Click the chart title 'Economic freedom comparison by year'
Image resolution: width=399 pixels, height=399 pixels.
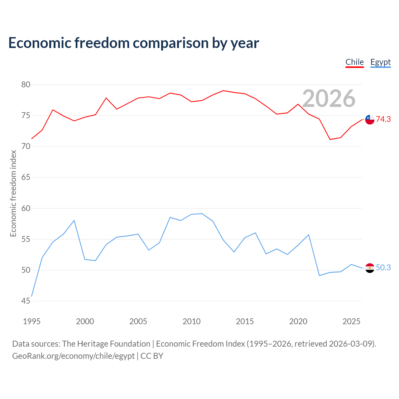pos(133,43)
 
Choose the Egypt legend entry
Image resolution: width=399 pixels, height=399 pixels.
pos(380,63)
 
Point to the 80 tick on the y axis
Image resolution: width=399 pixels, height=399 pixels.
pos(26,84)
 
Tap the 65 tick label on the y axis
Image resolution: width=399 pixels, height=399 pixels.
pos(26,177)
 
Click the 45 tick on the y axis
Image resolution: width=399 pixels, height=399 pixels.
pos(26,301)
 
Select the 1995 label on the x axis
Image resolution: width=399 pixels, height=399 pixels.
pos(32,321)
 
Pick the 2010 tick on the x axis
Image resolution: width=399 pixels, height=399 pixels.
pos(191,321)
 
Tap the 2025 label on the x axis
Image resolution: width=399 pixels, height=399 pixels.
pos(351,321)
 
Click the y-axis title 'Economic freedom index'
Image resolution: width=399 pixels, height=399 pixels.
pos(13,193)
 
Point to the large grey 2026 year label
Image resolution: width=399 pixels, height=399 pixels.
pos(329,99)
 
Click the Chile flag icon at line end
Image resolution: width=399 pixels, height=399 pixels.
pos(370,120)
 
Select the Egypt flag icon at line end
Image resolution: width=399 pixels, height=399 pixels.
pos(370,268)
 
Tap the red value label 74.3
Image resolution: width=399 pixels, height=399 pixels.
pos(383,119)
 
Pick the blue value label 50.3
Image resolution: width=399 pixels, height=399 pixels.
pos(383,267)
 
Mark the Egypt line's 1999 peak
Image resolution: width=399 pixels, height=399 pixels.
pos(74,220)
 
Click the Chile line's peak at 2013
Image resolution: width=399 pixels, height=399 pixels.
pos(224,90)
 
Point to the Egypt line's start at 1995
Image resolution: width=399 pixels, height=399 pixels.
pos(32,296)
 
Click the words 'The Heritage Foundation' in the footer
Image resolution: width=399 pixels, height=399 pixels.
pos(106,344)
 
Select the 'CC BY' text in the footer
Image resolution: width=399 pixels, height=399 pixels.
pos(152,356)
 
